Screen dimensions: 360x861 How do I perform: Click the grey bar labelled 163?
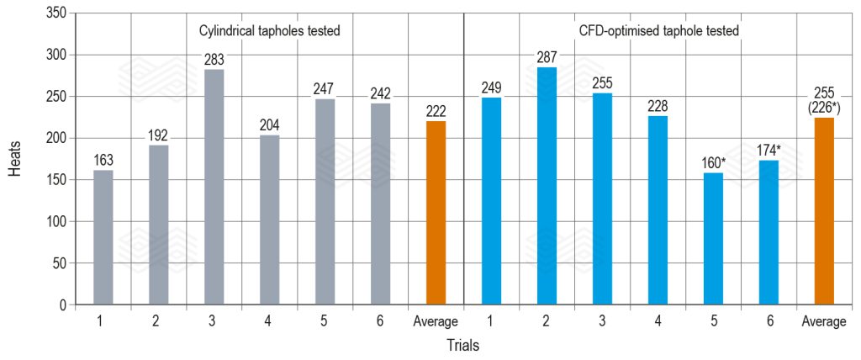coord(103,237)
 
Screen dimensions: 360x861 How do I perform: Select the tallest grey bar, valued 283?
coord(214,187)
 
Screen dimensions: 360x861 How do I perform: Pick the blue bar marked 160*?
coord(713,239)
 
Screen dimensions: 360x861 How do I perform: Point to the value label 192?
coord(159,135)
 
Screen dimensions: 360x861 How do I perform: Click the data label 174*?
coord(769,151)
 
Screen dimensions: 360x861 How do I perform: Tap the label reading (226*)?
coord(824,107)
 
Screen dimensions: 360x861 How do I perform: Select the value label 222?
coord(436,111)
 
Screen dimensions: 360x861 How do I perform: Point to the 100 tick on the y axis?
coord(55,222)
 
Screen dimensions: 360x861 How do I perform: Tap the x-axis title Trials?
coord(463,345)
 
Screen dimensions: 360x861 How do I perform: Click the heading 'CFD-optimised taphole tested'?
coord(658,30)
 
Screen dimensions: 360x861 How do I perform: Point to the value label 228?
coord(658,106)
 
